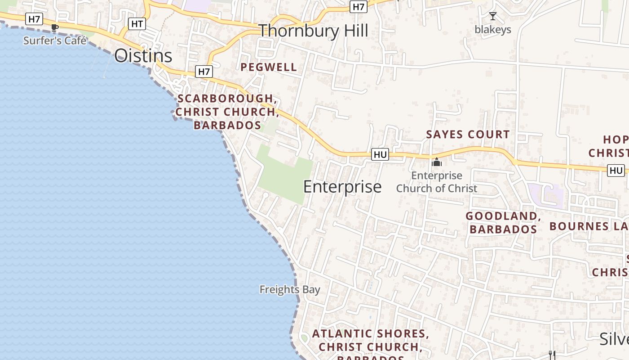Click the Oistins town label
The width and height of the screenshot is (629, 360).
143,56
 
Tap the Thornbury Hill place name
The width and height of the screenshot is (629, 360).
313,31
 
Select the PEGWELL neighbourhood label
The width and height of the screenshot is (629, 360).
269,67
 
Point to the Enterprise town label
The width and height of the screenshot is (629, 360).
342,187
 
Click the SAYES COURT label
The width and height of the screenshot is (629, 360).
468,135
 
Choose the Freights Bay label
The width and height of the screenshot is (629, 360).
290,290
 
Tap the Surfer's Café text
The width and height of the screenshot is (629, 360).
55,40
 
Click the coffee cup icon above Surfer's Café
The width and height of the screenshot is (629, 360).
55,27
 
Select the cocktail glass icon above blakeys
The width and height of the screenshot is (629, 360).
493,17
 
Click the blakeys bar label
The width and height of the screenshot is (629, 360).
493,30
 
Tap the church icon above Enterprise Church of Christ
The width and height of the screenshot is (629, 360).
437,162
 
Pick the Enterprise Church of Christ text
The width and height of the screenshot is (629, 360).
437,182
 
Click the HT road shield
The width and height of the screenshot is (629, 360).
137,24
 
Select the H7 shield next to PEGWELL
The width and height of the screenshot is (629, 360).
204,71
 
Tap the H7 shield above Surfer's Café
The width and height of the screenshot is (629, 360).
34,19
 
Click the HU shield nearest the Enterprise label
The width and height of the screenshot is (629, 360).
380,155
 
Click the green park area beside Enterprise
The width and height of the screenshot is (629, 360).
285,178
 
